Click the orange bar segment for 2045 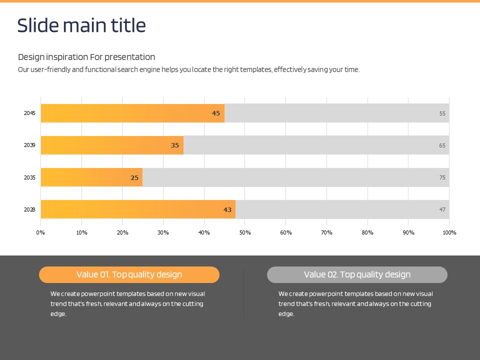pyautogui.click(x=132, y=113)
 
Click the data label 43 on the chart pyautogui.click(x=227, y=209)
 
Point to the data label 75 pyautogui.click(x=442, y=177)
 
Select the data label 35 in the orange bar pyautogui.click(x=175, y=145)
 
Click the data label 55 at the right pyautogui.click(x=442, y=113)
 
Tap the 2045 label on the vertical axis pyautogui.click(x=29, y=113)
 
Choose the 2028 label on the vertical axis pyautogui.click(x=29, y=209)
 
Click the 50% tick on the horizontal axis pyautogui.click(x=245, y=232)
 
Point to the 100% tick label pyautogui.click(x=449, y=232)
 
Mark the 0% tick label pyautogui.click(x=41, y=232)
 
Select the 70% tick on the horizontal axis pyautogui.click(x=327, y=232)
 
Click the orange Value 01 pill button pyautogui.click(x=129, y=274)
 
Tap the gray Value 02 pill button pyautogui.click(x=357, y=274)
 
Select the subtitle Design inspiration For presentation pyautogui.click(x=86, y=57)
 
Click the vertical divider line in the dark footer pyautogui.click(x=243, y=295)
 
